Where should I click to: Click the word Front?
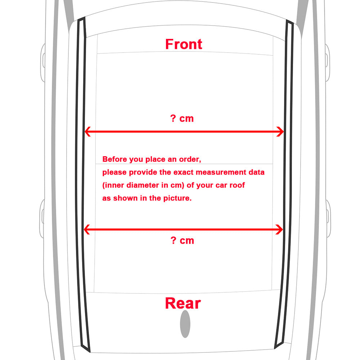click(184, 44)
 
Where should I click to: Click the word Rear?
click(183, 303)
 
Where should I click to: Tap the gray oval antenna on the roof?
click(185, 324)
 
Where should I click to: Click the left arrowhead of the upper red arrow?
click(87, 131)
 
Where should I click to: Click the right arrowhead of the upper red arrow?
click(280, 131)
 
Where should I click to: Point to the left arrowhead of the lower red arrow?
click(87, 229)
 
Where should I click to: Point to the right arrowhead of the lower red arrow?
click(279, 229)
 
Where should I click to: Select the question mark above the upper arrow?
click(173, 118)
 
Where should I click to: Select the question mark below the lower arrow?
click(174, 240)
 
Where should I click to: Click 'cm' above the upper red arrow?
click(186, 119)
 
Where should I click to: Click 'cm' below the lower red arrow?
click(187, 241)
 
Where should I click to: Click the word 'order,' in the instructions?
click(190, 159)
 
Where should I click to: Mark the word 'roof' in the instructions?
click(238, 185)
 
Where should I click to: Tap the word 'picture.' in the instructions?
click(177, 198)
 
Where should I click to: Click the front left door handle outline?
click(43, 62)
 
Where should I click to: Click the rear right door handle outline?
click(329, 219)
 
